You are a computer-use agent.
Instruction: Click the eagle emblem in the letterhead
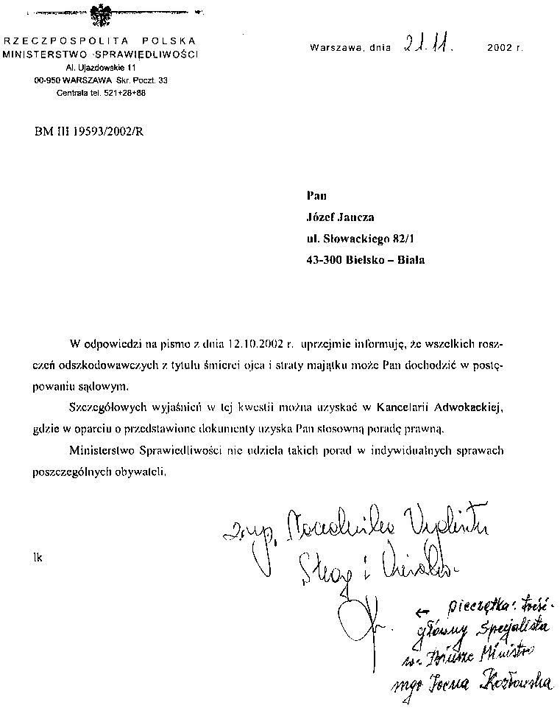99,15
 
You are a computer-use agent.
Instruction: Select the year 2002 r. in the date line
504,48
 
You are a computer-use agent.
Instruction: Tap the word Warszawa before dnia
336,48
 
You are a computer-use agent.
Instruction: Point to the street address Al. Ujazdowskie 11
96,68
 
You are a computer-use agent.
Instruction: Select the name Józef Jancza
339,217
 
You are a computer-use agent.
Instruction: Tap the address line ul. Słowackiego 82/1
364,239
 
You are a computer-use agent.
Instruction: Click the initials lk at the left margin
38,558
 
